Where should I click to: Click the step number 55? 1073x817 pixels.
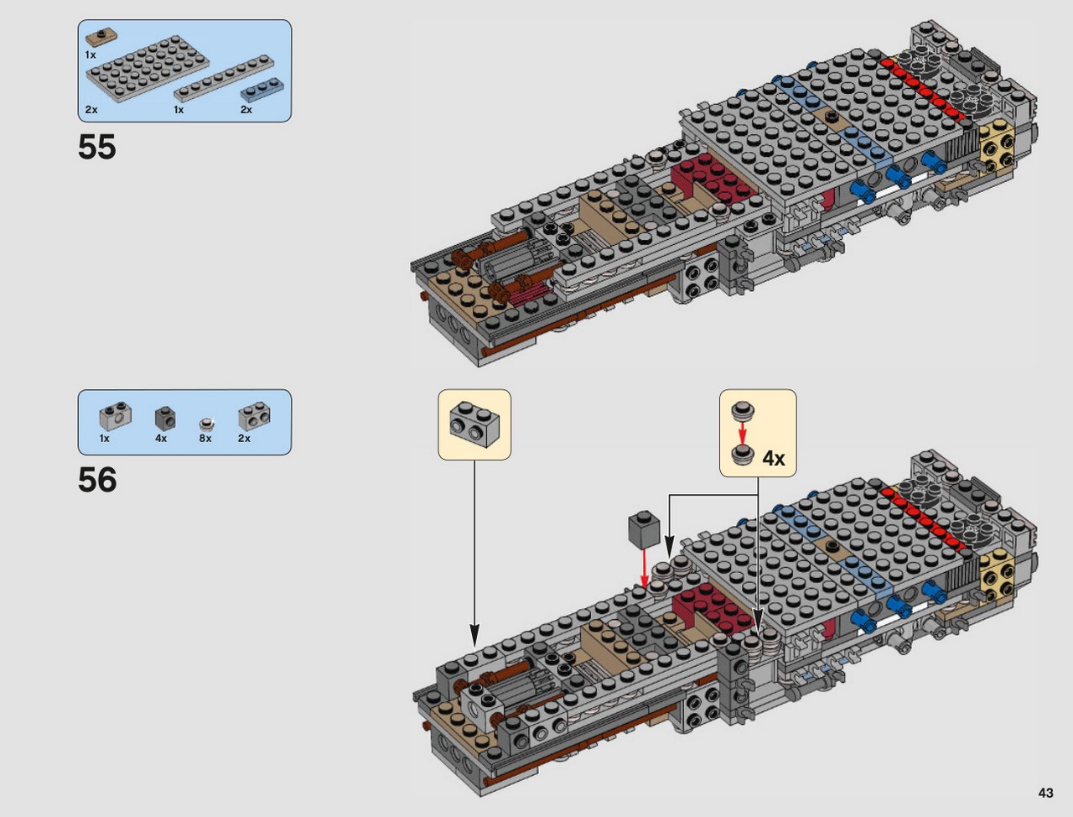[96, 147]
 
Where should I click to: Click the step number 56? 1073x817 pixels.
[97, 480]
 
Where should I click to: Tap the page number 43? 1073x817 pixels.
[1045, 793]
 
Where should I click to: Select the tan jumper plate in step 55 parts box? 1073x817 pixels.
[101, 36]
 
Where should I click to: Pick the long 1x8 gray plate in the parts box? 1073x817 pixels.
[225, 78]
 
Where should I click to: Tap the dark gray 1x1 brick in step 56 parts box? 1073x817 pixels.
[165, 419]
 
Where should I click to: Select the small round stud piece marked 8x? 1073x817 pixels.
[207, 424]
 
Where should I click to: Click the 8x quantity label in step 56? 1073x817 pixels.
[205, 439]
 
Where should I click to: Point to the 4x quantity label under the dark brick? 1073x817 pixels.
[161, 439]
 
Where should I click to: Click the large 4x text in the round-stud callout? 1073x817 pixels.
[774, 458]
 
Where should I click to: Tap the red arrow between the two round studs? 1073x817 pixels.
[743, 433]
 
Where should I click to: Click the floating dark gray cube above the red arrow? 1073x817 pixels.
[644, 529]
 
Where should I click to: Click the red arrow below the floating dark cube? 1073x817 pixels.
[645, 569]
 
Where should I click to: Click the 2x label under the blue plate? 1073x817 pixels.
[246, 110]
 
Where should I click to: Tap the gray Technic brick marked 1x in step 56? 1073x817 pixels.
[116, 418]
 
